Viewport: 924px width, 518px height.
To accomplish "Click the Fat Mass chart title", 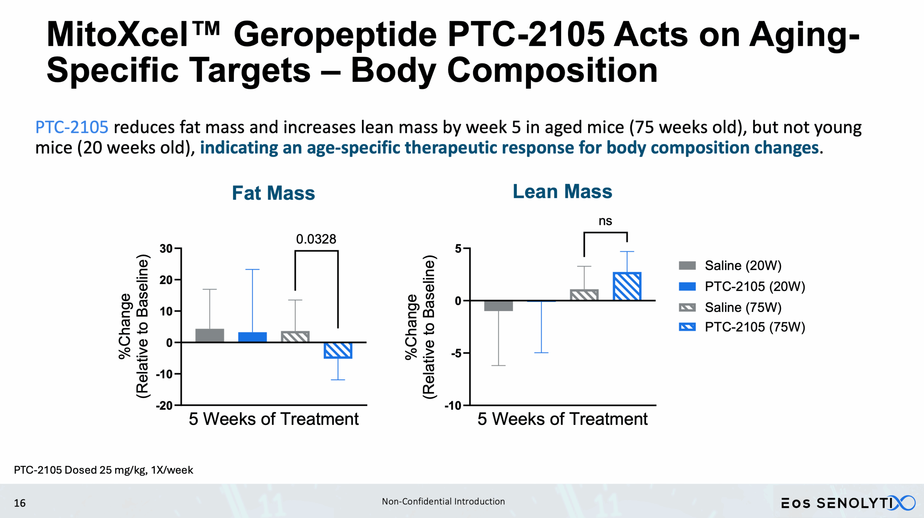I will [x=273, y=193].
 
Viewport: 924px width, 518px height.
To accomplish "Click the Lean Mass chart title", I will [x=562, y=191].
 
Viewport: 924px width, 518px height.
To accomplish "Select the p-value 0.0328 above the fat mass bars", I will [x=316, y=239].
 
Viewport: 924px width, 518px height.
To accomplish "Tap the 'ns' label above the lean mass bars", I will [x=605, y=221].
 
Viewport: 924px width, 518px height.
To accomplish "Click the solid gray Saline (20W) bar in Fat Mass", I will [x=210, y=335].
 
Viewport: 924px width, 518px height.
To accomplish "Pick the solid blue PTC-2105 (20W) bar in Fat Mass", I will [x=252, y=337].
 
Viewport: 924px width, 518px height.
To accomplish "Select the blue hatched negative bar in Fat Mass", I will [x=338, y=350].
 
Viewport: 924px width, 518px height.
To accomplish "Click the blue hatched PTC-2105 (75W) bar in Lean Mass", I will [x=627, y=286].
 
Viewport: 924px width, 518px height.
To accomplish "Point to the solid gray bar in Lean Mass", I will [x=498, y=306].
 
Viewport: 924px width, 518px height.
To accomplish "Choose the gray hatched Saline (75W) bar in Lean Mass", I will [x=584, y=295].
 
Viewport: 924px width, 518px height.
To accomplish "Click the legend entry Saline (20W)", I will [x=743, y=266].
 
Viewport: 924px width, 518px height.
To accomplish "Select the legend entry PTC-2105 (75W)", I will [x=755, y=327].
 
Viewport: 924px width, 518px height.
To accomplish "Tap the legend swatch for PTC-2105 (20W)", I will [x=687, y=287].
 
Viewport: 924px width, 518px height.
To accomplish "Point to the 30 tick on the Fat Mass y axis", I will [x=166, y=248].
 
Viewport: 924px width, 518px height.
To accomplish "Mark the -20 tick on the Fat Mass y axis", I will [x=164, y=405].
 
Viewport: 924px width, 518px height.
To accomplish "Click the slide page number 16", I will [x=19, y=503].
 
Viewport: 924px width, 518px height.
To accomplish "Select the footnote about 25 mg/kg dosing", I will [x=104, y=470].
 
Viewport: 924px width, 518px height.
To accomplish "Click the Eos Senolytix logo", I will [x=848, y=503].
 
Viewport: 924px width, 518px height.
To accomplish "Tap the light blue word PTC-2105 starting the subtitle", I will [x=71, y=127].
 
